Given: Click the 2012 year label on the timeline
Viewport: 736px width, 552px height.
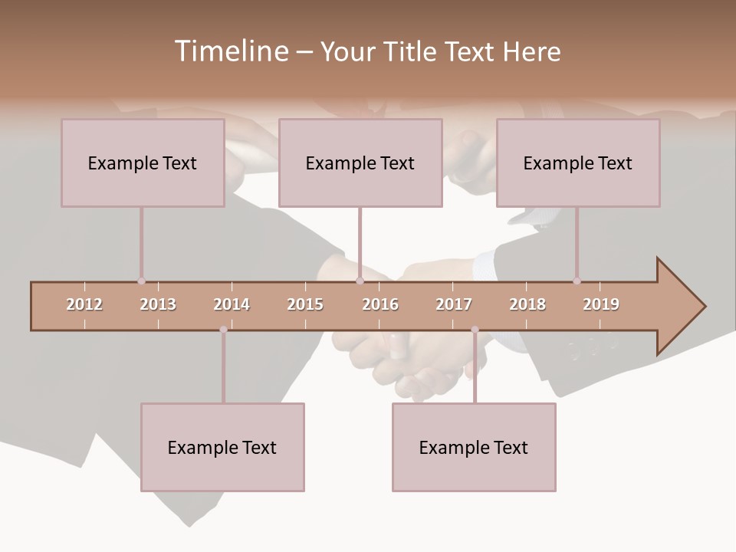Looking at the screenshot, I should coord(84,304).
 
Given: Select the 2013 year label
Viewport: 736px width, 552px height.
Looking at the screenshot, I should coord(158,304).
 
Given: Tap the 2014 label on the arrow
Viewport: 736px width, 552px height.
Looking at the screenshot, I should coord(232,304).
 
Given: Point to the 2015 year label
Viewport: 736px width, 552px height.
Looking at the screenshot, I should coord(305,304).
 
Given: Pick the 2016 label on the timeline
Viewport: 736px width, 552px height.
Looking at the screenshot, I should coord(380,304).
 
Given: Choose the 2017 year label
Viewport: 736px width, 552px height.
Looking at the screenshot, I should coord(454,304).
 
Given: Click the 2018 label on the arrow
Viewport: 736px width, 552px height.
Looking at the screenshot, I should coord(527,304).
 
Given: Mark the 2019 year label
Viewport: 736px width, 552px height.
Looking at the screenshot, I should coord(601,304).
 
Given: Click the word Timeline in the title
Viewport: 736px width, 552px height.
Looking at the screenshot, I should coord(231,51).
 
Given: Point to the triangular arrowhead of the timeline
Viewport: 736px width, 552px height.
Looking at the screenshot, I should coord(678,307).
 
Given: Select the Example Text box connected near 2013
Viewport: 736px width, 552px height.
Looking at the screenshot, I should coord(143,163).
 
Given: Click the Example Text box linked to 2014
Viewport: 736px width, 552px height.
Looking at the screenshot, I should coord(222,447).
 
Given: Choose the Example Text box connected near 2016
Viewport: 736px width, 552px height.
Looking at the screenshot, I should coord(360,163).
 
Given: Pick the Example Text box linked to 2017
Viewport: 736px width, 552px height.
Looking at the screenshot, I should coord(474,447).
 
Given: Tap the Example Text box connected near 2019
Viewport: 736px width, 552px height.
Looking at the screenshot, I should coord(578,163).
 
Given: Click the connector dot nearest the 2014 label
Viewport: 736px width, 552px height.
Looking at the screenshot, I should coord(223,330).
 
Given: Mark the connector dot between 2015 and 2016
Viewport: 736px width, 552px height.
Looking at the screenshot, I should coord(360,281).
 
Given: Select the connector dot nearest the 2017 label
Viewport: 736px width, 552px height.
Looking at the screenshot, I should coord(475,330).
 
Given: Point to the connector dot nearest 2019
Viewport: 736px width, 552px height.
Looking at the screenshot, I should coord(577,281).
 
